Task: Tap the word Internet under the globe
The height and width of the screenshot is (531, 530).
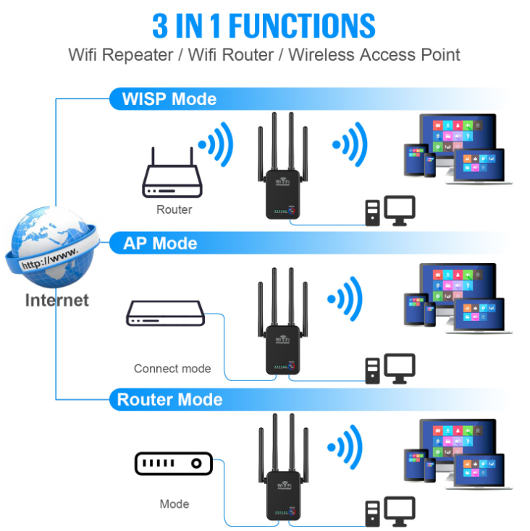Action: tap(56, 300)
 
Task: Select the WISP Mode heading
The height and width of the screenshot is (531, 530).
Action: tap(169, 99)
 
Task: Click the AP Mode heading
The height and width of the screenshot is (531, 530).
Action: tap(160, 243)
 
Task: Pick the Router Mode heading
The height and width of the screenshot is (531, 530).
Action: tap(169, 400)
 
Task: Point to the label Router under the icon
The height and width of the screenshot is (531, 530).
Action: tap(174, 209)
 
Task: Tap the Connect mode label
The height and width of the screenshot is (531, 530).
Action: tap(172, 369)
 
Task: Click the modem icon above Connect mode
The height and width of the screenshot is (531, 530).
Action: tap(166, 314)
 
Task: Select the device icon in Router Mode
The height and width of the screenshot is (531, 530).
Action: tap(173, 464)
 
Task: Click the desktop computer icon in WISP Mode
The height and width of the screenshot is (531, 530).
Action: tap(390, 209)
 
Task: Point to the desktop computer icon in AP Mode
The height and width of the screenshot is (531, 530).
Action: tap(390, 367)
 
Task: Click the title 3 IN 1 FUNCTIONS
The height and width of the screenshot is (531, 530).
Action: tap(264, 25)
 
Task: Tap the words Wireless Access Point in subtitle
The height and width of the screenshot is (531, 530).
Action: tap(374, 55)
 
